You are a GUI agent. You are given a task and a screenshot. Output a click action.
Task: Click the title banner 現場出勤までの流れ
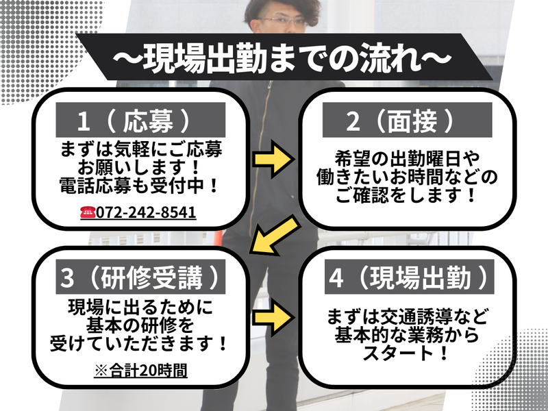pos(284,58)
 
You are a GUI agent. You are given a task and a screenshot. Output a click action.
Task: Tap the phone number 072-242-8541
pos(146,212)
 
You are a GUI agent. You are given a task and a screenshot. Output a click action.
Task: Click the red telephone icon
pos(88,212)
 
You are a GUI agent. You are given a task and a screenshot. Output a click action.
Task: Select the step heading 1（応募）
pos(140,120)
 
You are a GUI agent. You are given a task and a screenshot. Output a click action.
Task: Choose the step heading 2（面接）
pos(407,120)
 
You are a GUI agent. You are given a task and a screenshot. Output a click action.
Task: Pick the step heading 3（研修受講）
pos(140,277)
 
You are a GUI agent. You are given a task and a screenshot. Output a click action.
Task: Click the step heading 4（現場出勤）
pos(409,277)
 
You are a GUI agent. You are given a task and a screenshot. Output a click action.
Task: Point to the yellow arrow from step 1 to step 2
pos(273,160)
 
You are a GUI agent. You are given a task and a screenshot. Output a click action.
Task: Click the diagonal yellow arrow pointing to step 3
pos(275,235)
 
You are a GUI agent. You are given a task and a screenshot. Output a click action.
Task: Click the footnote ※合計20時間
pos(141,371)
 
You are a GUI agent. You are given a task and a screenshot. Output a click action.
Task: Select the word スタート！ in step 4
pos(406,353)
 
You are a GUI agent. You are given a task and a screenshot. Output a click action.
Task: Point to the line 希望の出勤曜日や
pos(407,160)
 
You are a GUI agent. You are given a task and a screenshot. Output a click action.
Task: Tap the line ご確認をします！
pos(406,195)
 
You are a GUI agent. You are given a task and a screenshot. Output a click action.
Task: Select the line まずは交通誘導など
pos(407,316)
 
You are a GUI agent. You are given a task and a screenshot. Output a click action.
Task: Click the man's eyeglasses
pos(284,22)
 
